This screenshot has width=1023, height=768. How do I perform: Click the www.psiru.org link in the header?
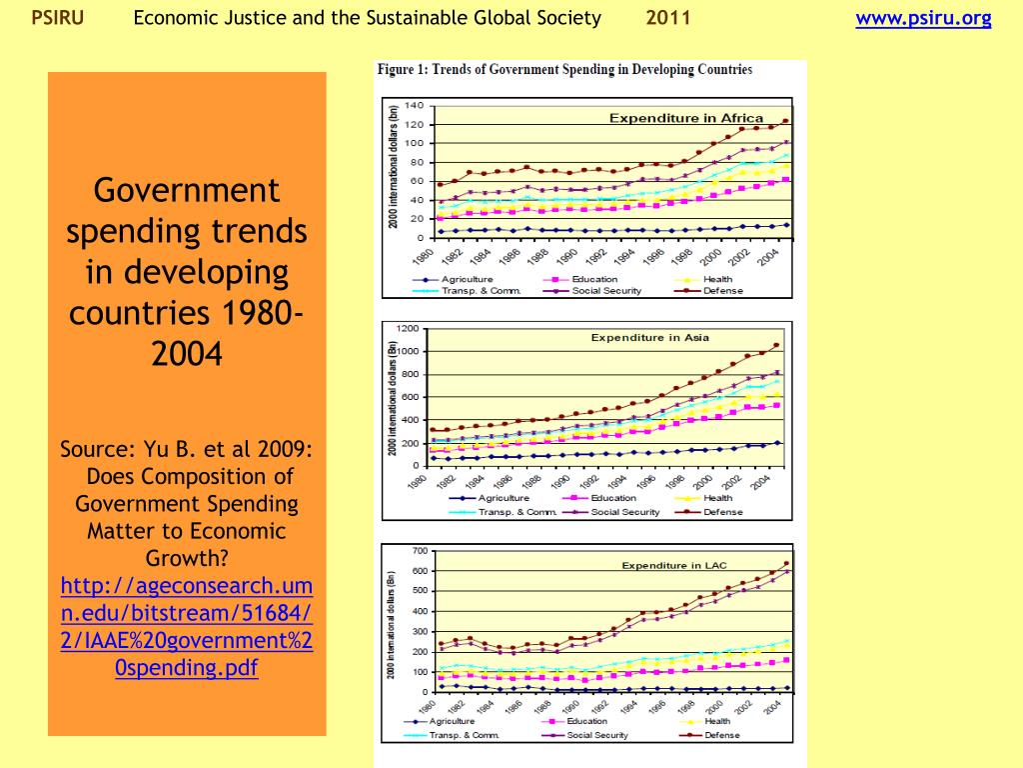click(x=923, y=18)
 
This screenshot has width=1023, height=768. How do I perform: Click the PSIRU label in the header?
click(x=57, y=18)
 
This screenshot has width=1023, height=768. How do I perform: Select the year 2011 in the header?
click(x=666, y=18)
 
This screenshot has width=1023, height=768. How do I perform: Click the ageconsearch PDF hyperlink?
click(x=187, y=626)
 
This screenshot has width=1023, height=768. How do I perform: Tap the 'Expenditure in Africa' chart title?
click(x=686, y=118)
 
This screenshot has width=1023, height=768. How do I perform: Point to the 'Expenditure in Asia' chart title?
click(x=649, y=337)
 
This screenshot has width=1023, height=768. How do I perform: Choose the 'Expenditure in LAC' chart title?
click(x=674, y=565)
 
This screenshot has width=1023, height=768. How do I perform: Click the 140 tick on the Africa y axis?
click(x=415, y=105)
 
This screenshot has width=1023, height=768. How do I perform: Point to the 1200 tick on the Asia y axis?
click(x=407, y=328)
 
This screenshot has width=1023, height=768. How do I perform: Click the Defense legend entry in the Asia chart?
click(x=722, y=512)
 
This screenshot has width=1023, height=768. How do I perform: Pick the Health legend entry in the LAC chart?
click(x=716, y=721)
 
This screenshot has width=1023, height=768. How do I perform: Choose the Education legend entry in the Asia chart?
click(x=612, y=498)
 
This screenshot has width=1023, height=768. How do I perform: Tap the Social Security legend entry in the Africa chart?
click(x=605, y=291)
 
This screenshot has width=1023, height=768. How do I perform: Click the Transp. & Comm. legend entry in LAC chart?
click(x=463, y=735)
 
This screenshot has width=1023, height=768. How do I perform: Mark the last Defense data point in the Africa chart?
click(x=785, y=121)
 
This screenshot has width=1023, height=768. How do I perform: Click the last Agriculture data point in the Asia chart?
click(x=777, y=442)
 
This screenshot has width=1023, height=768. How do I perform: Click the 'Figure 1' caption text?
click(x=563, y=70)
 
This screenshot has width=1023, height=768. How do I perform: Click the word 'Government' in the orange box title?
click(x=187, y=190)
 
